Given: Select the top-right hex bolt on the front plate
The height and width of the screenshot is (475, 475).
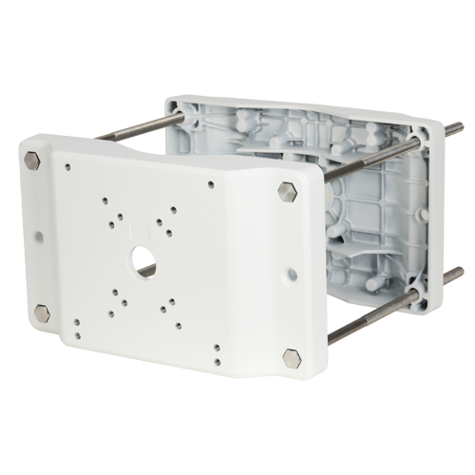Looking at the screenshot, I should coord(287,193).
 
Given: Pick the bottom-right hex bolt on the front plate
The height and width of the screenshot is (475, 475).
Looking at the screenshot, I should coord(291,358).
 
